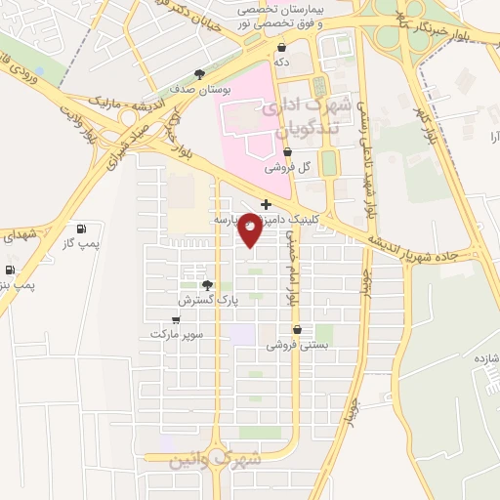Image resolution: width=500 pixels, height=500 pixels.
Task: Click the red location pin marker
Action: (x=251, y=229)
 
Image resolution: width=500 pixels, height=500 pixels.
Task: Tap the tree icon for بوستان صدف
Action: (x=200, y=73)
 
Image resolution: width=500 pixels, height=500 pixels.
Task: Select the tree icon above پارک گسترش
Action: (x=206, y=285)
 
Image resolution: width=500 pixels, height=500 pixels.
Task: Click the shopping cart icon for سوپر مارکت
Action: (x=176, y=319)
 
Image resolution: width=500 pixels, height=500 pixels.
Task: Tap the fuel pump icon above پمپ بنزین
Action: (x=10, y=270)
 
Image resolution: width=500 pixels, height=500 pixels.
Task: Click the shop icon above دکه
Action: (x=282, y=47)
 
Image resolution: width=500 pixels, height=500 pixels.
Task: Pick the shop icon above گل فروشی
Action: (x=287, y=152)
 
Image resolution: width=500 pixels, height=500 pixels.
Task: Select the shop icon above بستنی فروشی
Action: (x=297, y=330)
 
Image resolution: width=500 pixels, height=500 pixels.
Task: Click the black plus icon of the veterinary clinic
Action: (x=266, y=204)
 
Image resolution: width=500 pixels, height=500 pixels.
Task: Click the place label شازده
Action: (x=485, y=358)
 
